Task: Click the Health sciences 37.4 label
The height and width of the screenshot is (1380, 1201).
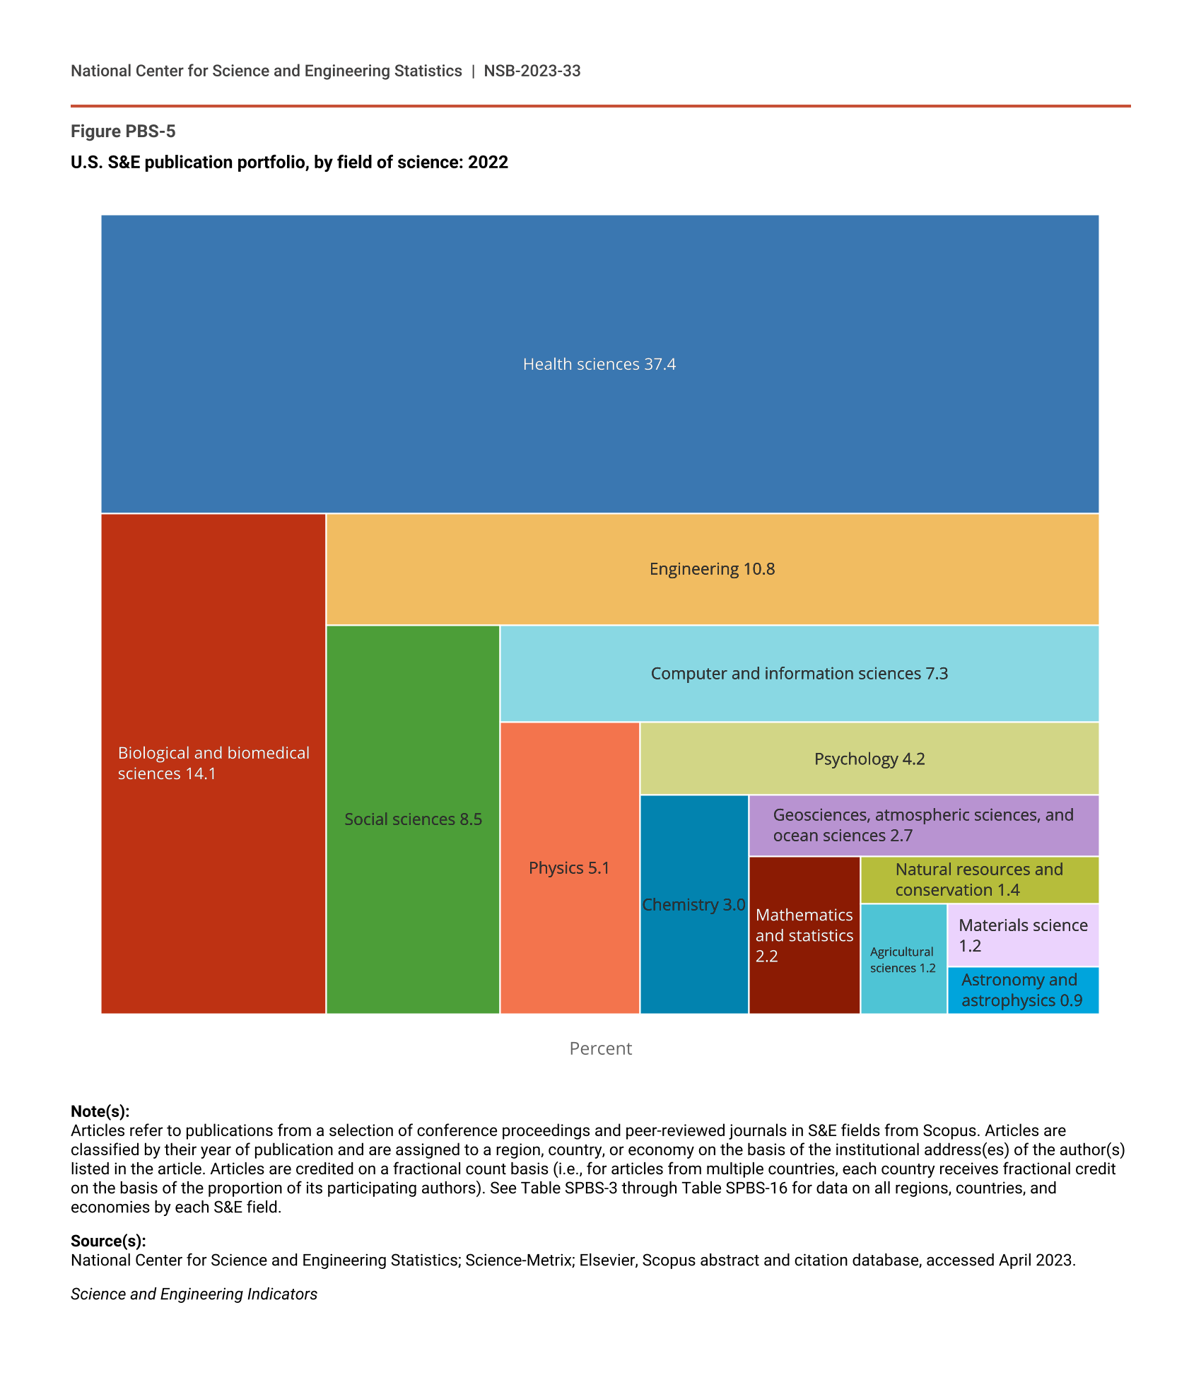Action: [599, 364]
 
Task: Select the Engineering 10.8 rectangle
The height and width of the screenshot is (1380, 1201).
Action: [712, 569]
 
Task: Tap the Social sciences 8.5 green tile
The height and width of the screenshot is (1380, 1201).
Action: [413, 819]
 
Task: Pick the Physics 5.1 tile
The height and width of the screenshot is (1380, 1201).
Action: [569, 868]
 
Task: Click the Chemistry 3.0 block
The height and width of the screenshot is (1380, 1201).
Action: [693, 905]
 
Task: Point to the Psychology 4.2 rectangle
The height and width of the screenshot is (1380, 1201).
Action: [869, 759]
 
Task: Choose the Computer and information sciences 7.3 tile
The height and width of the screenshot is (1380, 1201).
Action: [799, 674]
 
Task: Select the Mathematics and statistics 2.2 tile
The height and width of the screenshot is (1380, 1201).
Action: [804, 935]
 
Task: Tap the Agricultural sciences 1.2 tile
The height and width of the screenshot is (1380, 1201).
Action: [903, 959]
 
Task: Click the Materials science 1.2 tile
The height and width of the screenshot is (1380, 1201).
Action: [1022, 935]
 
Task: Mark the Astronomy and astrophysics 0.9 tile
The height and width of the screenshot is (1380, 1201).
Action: [1022, 990]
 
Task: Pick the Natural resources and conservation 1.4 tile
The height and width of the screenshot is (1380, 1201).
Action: [979, 879]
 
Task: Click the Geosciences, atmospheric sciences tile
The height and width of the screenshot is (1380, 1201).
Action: [923, 825]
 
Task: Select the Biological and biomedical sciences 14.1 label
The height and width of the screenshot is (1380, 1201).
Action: [213, 764]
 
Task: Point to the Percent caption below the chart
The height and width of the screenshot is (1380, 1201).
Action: [600, 1048]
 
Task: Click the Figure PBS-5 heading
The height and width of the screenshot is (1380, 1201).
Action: [123, 131]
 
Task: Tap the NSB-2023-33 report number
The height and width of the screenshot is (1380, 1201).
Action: [532, 71]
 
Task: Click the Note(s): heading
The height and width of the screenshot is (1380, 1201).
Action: [100, 1111]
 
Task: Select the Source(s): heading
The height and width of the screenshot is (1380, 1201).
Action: [108, 1241]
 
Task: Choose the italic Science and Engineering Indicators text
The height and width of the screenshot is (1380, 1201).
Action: [194, 1294]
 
